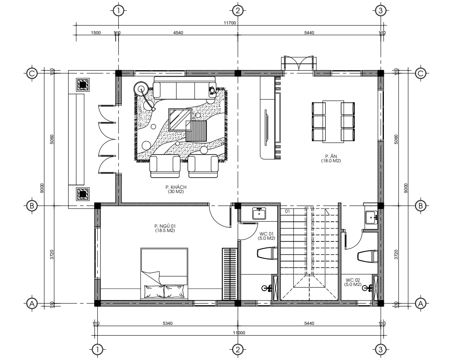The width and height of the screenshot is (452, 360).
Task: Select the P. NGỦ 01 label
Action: pos(165,228)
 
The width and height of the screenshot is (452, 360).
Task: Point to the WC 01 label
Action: pos(266,236)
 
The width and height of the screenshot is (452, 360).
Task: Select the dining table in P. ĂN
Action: pos(333,122)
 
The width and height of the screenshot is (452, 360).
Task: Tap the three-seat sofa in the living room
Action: pos(184,89)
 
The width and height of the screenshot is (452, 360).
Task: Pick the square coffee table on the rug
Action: pos(180,119)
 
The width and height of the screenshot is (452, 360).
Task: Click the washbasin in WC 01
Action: pos(259,213)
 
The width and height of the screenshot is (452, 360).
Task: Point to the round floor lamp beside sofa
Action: pos(141,89)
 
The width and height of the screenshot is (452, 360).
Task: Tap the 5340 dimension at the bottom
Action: pos(168,324)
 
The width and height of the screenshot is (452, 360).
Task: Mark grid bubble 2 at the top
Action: pos(238,10)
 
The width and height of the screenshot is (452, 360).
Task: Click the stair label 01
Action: pos(287,211)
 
